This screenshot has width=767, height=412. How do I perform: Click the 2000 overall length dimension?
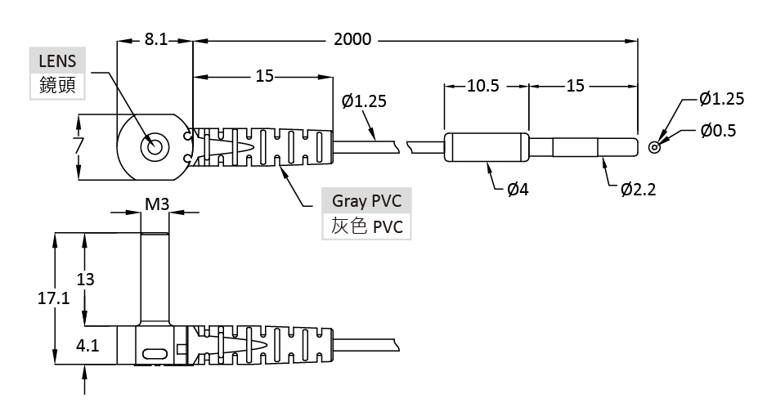(x=352, y=39)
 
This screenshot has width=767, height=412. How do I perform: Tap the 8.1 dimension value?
(x=156, y=39)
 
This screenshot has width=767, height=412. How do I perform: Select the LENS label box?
(x=56, y=60)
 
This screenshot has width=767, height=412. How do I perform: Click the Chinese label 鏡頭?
(x=56, y=85)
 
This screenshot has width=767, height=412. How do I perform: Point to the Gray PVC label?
(x=366, y=200)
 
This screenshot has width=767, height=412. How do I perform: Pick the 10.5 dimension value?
(x=482, y=85)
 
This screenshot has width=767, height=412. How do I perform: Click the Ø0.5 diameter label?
(x=719, y=130)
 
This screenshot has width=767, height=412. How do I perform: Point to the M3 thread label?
(x=156, y=203)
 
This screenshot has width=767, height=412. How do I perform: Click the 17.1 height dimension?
(x=54, y=298)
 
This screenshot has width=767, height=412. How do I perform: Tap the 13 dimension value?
(x=85, y=279)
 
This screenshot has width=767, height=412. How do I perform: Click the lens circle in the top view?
(x=154, y=148)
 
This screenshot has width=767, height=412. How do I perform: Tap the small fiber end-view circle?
(x=653, y=147)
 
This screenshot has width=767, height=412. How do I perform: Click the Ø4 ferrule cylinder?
(x=485, y=147)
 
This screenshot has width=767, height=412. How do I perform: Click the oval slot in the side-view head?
(x=155, y=355)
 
